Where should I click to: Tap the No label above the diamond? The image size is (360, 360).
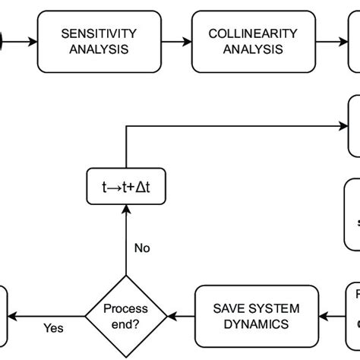pyautogui.click(x=142, y=248)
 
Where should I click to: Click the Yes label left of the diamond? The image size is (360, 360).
pyautogui.click(x=53, y=328)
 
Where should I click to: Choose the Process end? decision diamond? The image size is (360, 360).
pyautogui.click(x=125, y=316)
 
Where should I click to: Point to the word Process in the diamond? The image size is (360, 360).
pyautogui.click(x=125, y=309)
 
